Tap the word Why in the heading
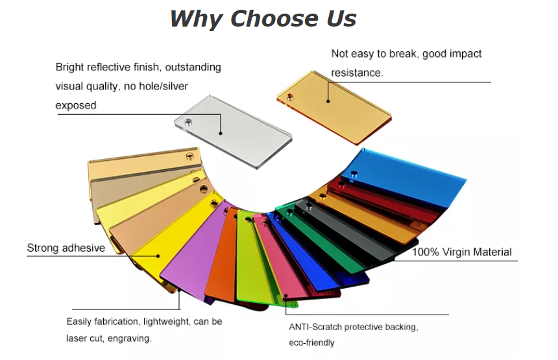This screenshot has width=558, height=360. [197, 19]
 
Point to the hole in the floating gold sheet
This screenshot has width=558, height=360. [290, 97]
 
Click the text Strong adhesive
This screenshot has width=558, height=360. [66, 248]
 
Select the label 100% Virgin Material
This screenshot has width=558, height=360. [461, 252]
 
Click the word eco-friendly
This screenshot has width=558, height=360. [311, 343]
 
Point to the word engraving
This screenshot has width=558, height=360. [129, 339]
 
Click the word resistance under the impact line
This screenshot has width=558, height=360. [357, 73]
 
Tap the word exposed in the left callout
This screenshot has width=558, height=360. [76, 106]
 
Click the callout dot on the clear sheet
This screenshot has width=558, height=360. [221, 133]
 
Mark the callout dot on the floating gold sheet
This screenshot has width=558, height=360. [328, 101]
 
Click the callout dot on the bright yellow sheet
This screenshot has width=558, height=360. [158, 256]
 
